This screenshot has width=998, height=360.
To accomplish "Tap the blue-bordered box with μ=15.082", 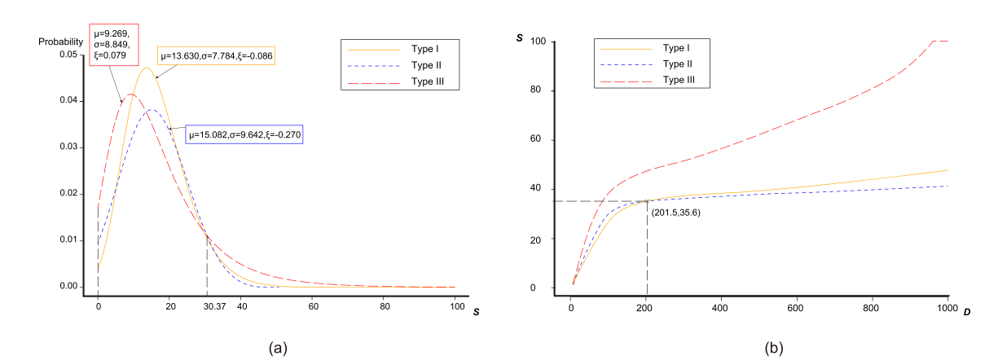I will point(245,134).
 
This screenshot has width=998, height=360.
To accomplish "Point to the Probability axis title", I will point(59,41).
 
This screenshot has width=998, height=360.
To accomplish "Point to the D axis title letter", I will point(966,312).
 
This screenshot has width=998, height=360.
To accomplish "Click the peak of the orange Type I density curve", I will point(146,68).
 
